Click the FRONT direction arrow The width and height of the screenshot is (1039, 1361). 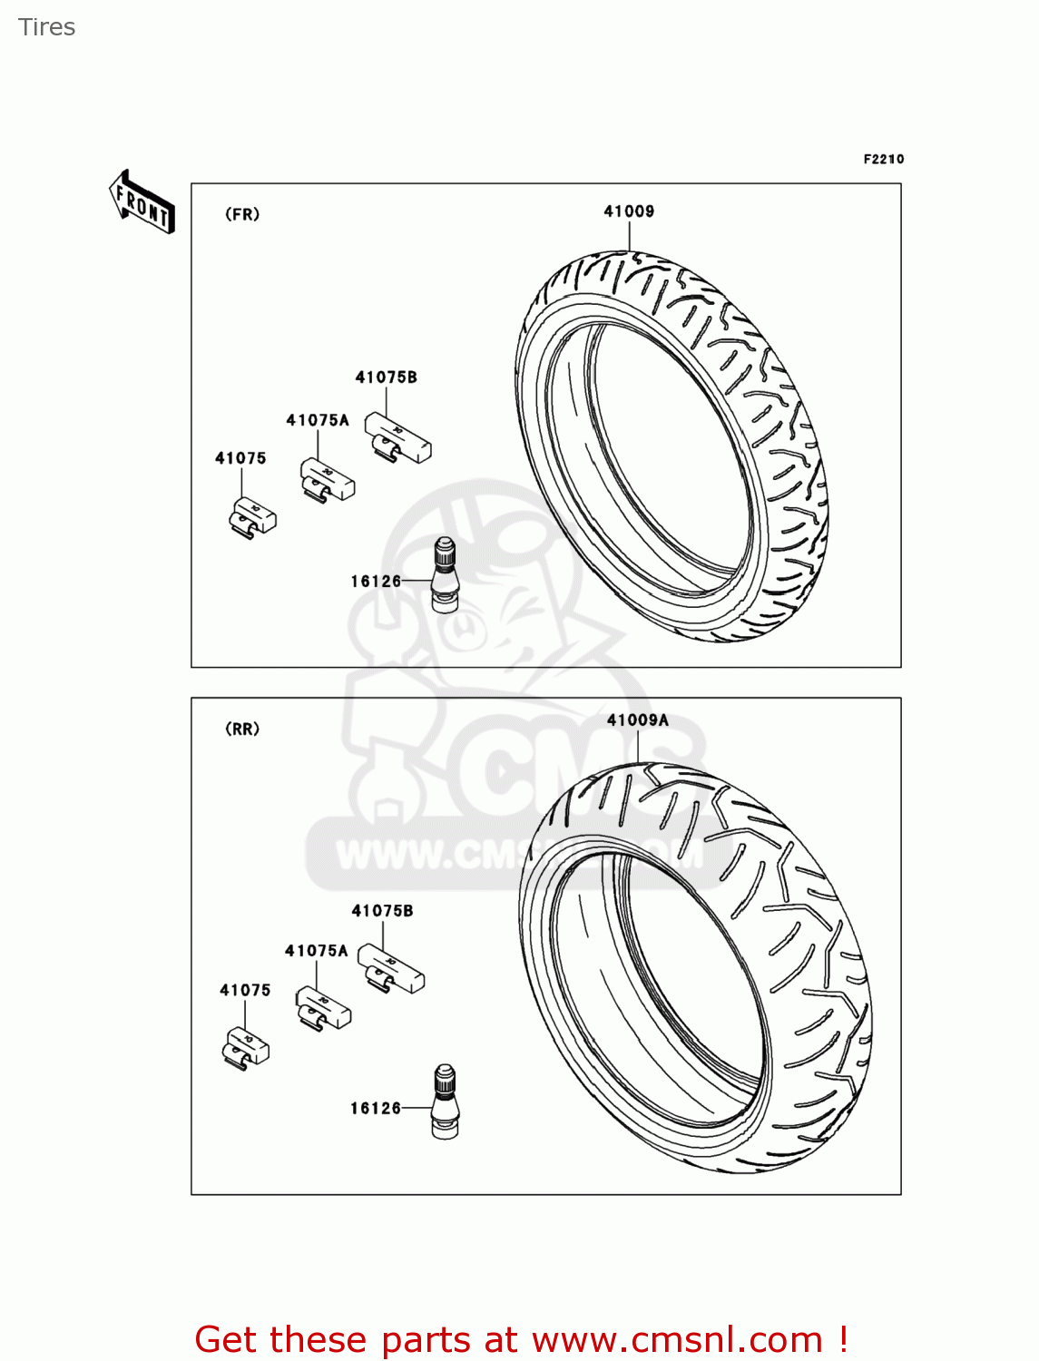click(x=142, y=202)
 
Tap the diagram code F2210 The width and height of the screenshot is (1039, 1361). click(x=883, y=160)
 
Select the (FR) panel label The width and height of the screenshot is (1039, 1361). click(x=242, y=215)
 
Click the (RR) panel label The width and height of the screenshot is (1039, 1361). click(x=242, y=729)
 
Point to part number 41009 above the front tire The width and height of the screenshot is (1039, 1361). click(x=629, y=211)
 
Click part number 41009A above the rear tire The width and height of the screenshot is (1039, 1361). click(x=637, y=720)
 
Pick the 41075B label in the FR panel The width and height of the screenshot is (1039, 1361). click(x=386, y=377)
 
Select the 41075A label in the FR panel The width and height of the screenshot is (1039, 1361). click(x=318, y=420)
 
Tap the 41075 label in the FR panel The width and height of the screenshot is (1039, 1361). click(x=240, y=458)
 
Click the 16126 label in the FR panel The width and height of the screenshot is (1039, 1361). click(x=376, y=582)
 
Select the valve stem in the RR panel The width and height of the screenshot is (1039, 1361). click(x=445, y=1101)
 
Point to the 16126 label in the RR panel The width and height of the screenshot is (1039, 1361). click(x=376, y=1108)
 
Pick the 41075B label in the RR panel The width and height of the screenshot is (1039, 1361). click(x=382, y=911)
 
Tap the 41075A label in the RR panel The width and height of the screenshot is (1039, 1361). click(x=316, y=951)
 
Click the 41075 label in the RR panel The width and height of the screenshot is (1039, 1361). click(x=245, y=991)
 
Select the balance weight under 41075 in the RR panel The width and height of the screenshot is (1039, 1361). click(x=246, y=1047)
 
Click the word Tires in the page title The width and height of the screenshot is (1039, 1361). click(x=47, y=27)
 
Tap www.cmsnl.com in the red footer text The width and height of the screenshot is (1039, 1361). click(x=677, y=1339)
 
